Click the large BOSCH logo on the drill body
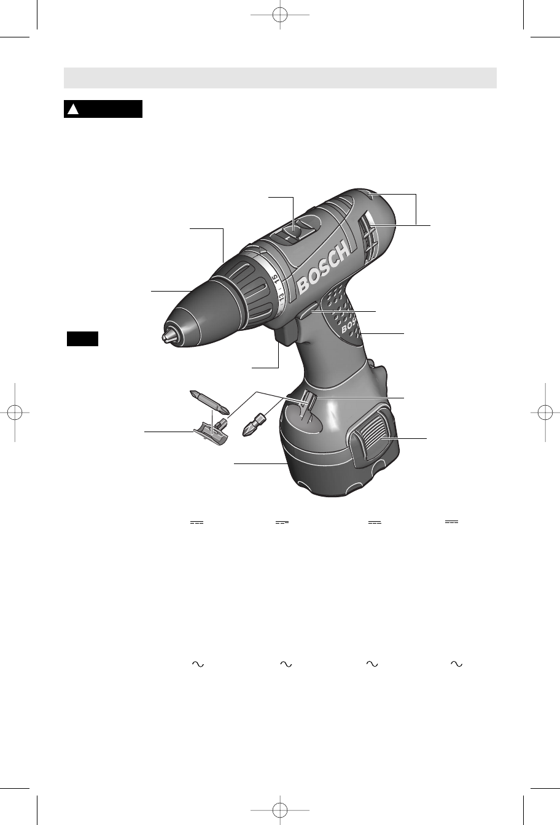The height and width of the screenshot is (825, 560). (x=324, y=268)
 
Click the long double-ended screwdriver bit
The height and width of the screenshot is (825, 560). (x=209, y=402)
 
